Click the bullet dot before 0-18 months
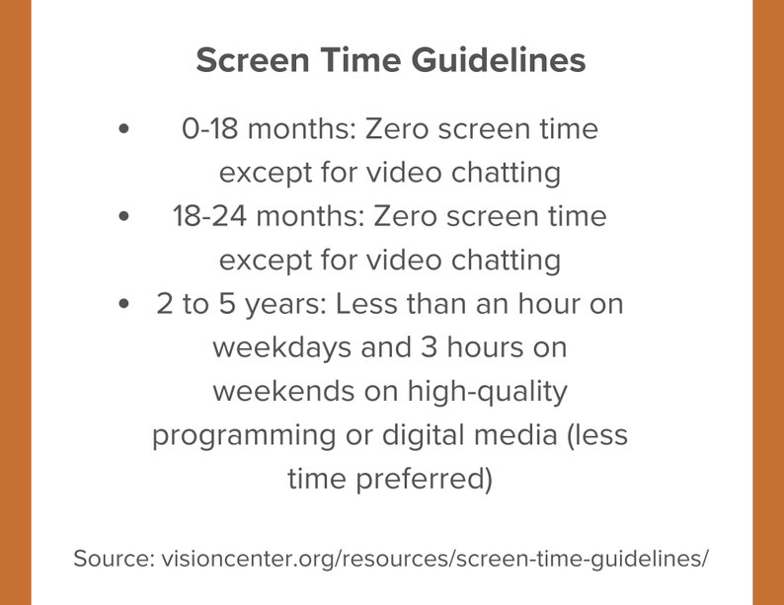pyautogui.click(x=123, y=129)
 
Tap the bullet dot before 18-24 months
pyautogui.click(x=123, y=216)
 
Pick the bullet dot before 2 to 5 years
pyautogui.click(x=123, y=304)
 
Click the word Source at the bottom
pyautogui.click(x=111, y=558)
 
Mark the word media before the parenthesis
pyautogui.click(x=521, y=435)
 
